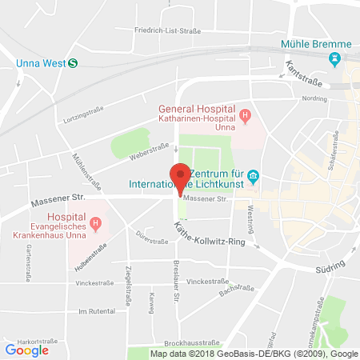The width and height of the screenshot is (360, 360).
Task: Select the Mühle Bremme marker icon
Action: pos(335,59)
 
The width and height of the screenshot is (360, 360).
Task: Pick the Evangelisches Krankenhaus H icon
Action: pos(95,223)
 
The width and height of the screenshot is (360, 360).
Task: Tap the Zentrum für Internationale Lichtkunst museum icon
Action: pos(253,175)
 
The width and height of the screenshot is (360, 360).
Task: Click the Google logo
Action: pos(27,350)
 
